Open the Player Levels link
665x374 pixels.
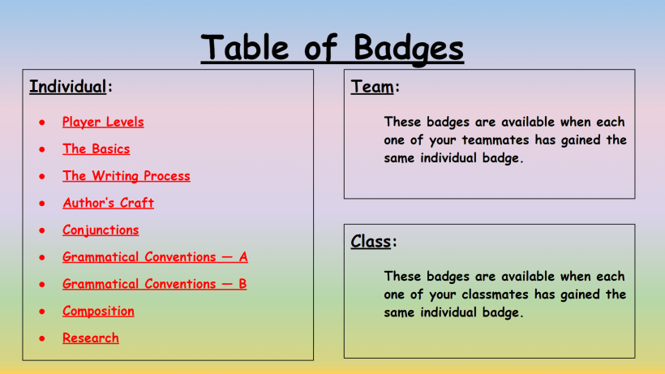[x=103, y=123]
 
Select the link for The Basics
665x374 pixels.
[x=96, y=149]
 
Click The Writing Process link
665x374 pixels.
[x=126, y=176]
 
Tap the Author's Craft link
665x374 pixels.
[x=108, y=203]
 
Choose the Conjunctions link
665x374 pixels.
[x=101, y=230]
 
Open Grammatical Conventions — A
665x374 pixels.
[x=155, y=257]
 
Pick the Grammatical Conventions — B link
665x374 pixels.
[x=154, y=284]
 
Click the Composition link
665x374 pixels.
[x=98, y=312]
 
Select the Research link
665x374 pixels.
[x=90, y=338]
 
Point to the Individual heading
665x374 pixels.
[x=68, y=87]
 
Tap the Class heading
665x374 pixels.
[x=371, y=242]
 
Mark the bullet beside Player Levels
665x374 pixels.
[x=41, y=123]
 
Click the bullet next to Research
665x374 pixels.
[x=41, y=339]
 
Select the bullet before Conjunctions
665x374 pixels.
[x=41, y=231]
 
